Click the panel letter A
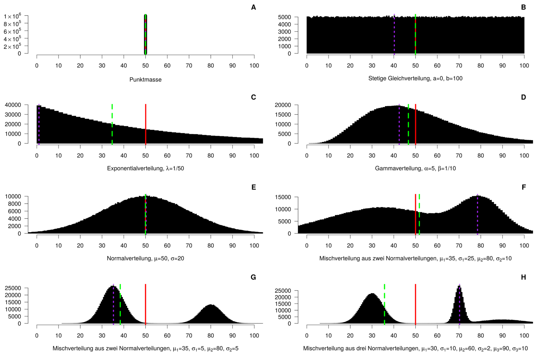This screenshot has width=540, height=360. pos(253,7)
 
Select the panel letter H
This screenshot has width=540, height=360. pos(523,277)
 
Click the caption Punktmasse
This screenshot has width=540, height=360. pos(145,79)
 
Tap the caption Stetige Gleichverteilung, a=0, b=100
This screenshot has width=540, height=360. pos(415,78)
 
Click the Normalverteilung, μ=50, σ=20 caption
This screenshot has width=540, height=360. pos(145,258)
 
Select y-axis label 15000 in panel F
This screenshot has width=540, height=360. pos(283,197)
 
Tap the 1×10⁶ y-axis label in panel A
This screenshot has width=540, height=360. pos(13,16)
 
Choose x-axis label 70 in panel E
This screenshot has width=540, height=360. pos(189,246)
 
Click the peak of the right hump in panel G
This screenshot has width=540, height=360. pos(211,305)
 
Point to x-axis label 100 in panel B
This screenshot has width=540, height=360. pos(524,66)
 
